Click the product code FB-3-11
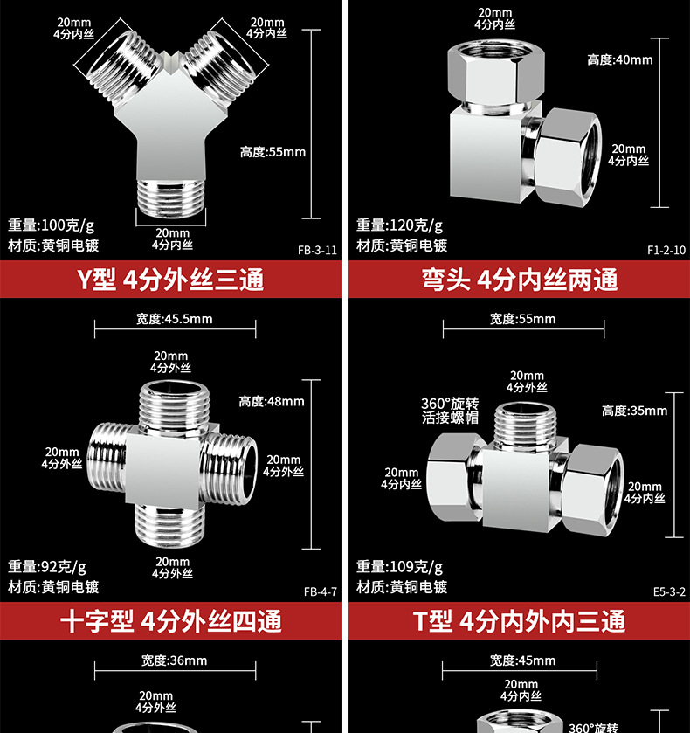click(317, 249)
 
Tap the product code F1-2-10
click(666, 249)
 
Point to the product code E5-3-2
click(669, 591)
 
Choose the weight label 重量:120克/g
click(399, 225)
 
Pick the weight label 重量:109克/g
click(399, 567)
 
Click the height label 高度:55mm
click(273, 152)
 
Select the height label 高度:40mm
click(619, 59)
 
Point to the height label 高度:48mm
click(272, 401)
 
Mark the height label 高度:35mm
click(634, 411)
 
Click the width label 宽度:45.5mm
click(174, 319)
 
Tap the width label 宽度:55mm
click(522, 319)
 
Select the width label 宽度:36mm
click(174, 660)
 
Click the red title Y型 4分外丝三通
click(171, 280)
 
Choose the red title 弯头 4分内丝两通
click(520, 280)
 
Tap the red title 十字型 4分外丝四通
click(171, 622)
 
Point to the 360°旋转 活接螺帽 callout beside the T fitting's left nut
click(450, 411)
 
